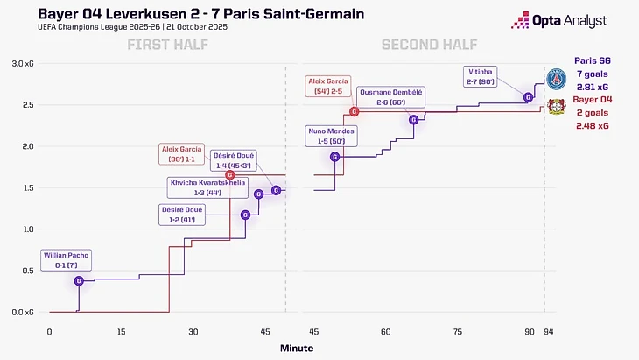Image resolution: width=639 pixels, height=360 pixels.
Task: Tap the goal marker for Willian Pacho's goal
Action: point(79,280)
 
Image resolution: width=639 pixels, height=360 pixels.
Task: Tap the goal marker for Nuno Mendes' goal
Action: point(334,157)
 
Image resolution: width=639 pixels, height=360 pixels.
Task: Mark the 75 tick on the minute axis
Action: point(458,332)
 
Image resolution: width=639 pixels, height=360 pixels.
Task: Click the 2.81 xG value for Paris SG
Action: point(592,88)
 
